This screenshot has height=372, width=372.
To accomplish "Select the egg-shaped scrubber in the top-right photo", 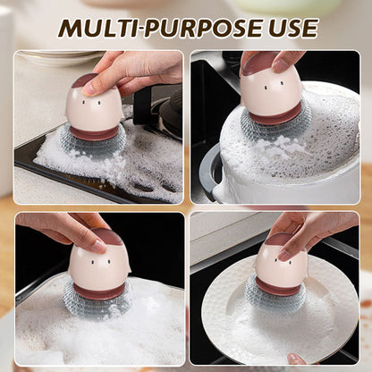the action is point(270,89).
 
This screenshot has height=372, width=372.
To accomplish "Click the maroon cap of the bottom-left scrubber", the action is point(108,236).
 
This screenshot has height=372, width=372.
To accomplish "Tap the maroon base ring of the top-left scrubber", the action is point(95,133).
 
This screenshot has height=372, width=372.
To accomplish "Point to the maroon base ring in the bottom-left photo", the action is point(100,291).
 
